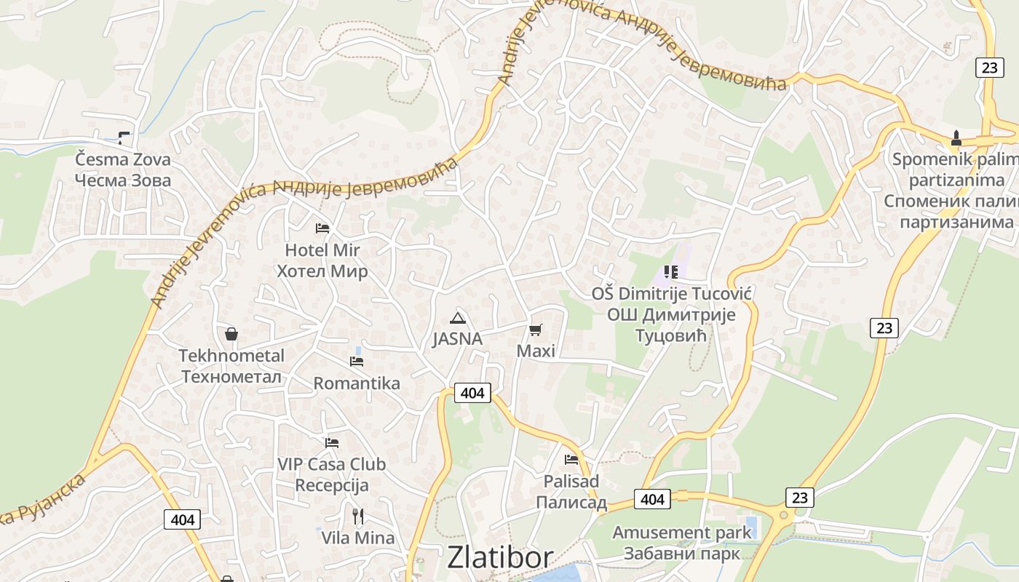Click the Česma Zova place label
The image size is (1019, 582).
123,170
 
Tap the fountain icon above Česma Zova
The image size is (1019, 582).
124,136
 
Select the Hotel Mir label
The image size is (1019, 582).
322,260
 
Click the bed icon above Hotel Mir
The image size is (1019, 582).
322,228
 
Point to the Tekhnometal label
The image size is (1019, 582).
231,366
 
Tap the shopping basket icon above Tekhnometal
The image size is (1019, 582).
231,334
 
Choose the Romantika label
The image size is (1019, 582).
357,383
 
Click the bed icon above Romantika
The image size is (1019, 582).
357,361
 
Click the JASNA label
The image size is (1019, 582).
457,339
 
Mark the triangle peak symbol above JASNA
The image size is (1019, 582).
457,317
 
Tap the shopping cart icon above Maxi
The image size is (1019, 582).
536,330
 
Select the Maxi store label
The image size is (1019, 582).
536,351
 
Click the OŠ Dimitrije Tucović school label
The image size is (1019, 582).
671,314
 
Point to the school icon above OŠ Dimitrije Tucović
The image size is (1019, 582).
671,272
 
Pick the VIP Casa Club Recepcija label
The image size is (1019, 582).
332,474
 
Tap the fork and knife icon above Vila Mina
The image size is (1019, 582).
358,517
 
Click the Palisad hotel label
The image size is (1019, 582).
571,492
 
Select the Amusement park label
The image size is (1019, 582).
681,543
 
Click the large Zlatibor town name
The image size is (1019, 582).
500,557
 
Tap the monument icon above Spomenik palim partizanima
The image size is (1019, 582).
956,137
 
